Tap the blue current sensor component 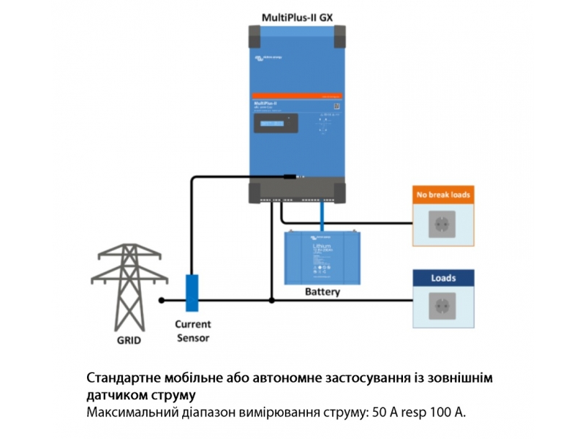click(192, 293)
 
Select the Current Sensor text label click(192, 331)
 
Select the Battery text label click(322, 291)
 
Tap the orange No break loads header click(443, 195)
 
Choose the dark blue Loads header click(443, 278)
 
